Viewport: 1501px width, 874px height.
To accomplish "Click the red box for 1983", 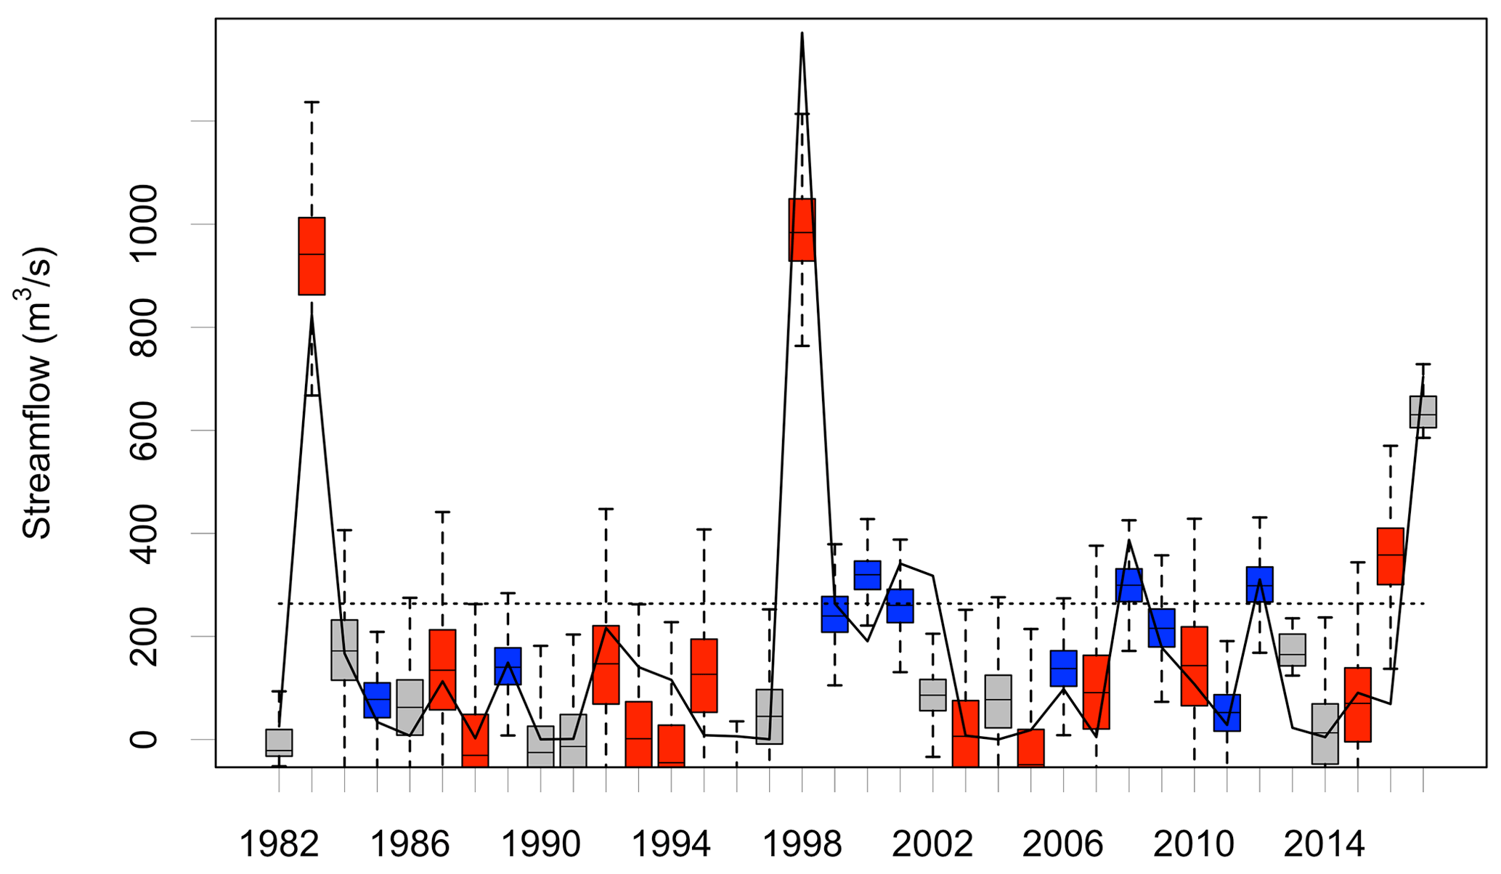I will pyautogui.click(x=312, y=256).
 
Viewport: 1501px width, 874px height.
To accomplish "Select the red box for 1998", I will pyautogui.click(x=802, y=229).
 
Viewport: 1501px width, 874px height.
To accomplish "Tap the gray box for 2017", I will pyautogui.click(x=1423, y=412).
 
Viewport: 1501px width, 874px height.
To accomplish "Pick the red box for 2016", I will pyautogui.click(x=1390, y=556).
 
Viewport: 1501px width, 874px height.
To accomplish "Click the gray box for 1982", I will pyautogui.click(x=279, y=743).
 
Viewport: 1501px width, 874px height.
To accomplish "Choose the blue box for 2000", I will pyautogui.click(x=867, y=575).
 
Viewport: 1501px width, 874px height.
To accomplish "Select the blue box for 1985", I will pyautogui.click(x=377, y=700).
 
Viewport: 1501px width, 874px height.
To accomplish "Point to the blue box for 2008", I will pyautogui.click(x=1128, y=585).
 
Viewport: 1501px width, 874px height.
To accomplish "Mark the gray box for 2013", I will pyautogui.click(x=1292, y=650).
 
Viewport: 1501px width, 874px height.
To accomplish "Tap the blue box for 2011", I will pyautogui.click(x=1227, y=713).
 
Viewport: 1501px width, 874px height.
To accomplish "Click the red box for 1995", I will pyautogui.click(x=704, y=676).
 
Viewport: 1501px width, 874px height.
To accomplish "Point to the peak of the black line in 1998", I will pyautogui.click(x=802, y=33).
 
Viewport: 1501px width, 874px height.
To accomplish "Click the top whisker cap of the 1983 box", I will pyautogui.click(x=312, y=102).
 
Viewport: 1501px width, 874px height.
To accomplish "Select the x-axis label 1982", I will pyautogui.click(x=279, y=845).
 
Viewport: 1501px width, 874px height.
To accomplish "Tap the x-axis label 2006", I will pyautogui.click(x=1063, y=845).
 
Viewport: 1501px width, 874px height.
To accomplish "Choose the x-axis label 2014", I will pyautogui.click(x=1325, y=845).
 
